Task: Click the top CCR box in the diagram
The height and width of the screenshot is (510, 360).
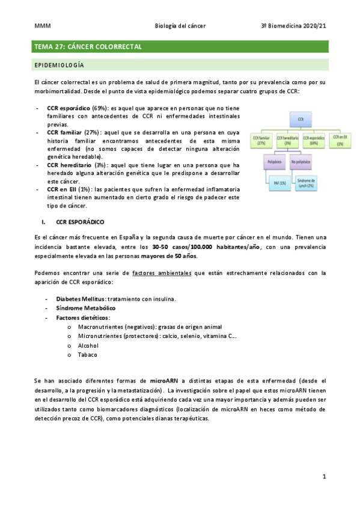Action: pyautogui.click(x=301, y=120)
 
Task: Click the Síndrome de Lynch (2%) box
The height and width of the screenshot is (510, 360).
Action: pyautogui.click(x=308, y=183)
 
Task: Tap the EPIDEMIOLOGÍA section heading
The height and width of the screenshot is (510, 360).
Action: pyautogui.click(x=59, y=64)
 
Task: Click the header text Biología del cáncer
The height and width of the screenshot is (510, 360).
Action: pyautogui.click(x=180, y=26)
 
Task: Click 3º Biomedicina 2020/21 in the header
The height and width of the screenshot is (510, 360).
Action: pyautogui.click(x=293, y=26)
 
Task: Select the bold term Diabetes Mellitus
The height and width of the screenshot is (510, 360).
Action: pyautogui.click(x=81, y=299)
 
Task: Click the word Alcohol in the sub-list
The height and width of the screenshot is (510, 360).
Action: pyautogui.click(x=88, y=346)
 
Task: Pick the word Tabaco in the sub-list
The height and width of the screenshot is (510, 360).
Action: pyautogui.click(x=88, y=355)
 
